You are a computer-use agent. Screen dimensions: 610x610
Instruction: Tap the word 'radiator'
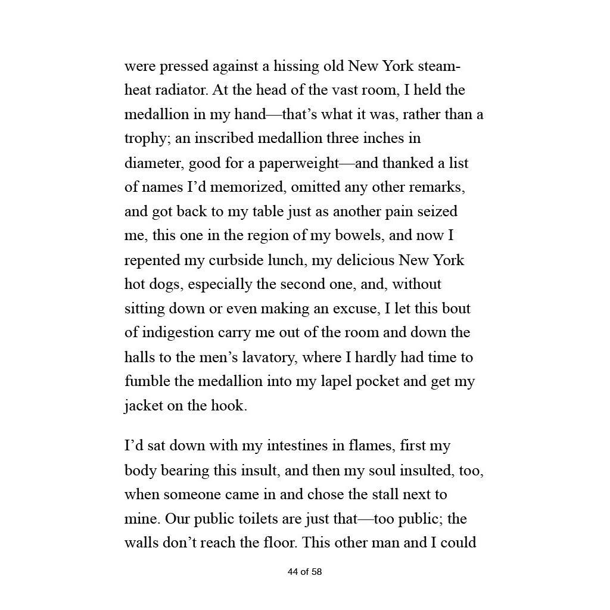tap(180, 90)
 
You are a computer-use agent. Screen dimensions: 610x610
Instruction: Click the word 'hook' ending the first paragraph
tap(227, 406)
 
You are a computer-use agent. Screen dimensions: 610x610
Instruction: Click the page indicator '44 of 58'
tap(304, 572)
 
